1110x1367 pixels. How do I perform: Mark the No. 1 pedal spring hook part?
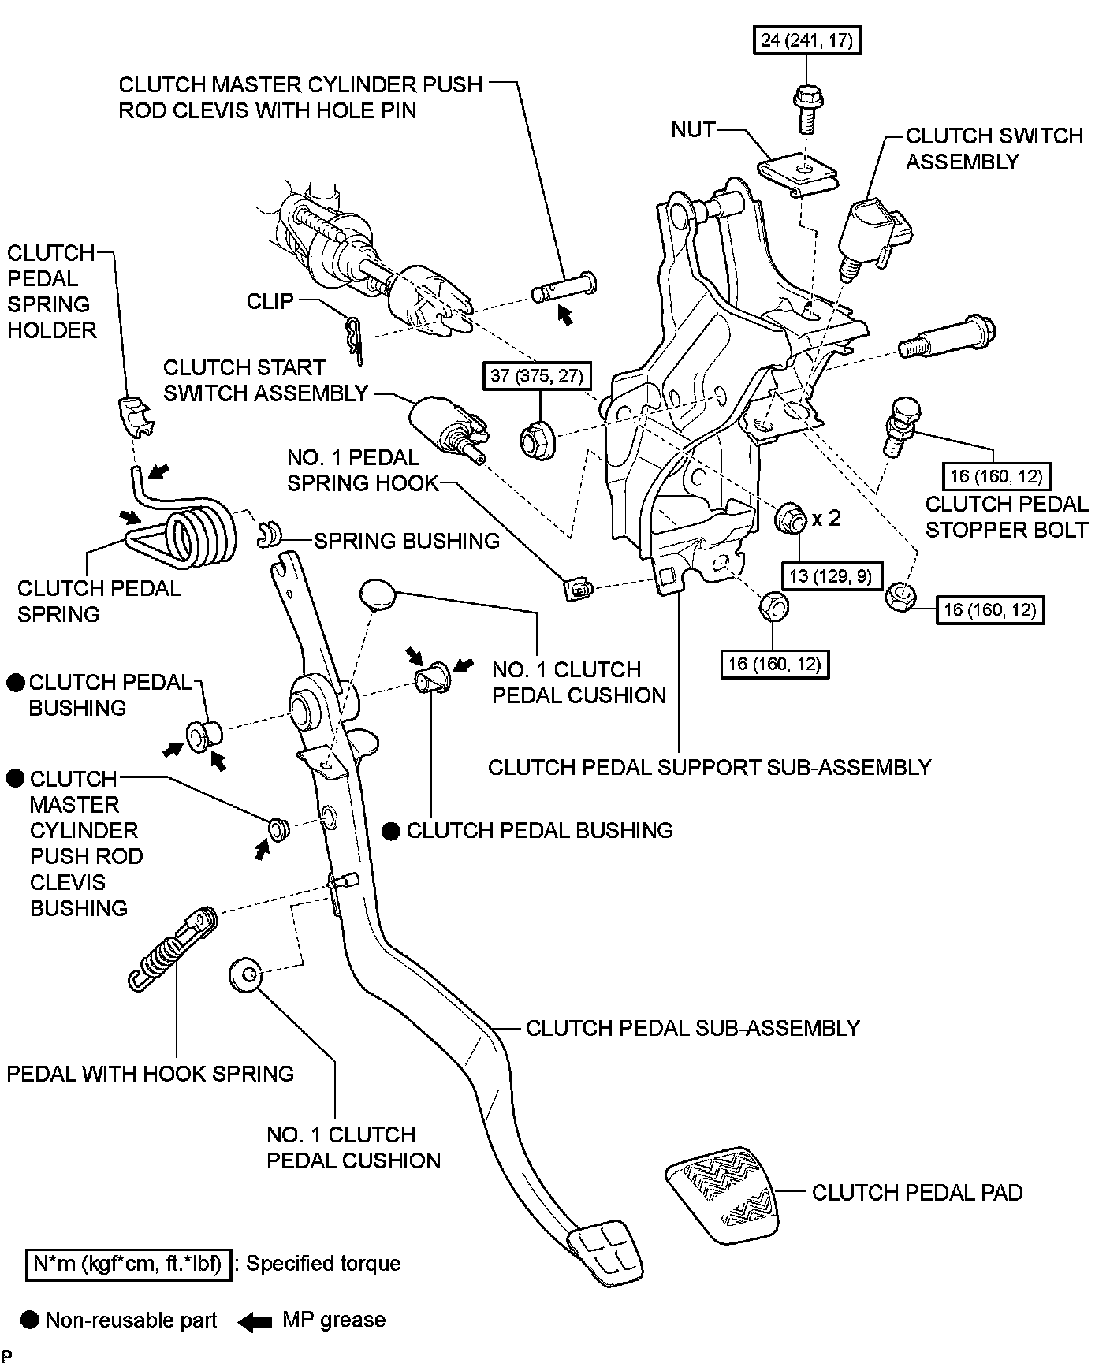coord(578,588)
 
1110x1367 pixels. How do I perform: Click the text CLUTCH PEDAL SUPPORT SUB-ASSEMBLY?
coord(710,767)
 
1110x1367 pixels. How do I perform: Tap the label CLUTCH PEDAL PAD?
coord(917,1192)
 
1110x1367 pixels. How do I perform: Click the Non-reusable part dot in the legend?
coord(30,1320)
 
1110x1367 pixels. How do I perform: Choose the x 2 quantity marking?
coord(826,518)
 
